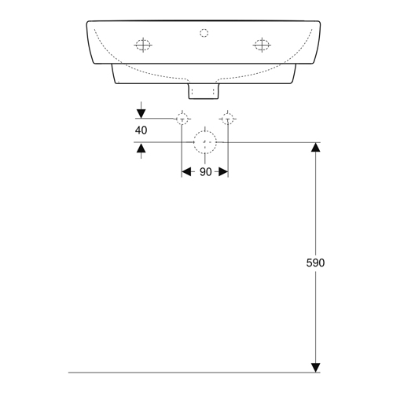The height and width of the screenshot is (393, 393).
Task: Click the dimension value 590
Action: [x=315, y=263]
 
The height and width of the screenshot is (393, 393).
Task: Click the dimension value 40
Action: [x=141, y=130]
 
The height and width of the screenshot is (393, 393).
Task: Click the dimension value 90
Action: [x=205, y=172]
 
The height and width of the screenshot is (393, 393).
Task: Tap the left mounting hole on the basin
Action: [x=143, y=45]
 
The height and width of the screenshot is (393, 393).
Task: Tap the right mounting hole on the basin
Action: [x=262, y=45]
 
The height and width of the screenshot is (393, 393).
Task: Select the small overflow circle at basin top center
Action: [x=204, y=33]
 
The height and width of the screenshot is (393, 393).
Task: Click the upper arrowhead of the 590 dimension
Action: [x=315, y=147]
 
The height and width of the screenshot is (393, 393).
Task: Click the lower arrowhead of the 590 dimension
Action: [x=315, y=368]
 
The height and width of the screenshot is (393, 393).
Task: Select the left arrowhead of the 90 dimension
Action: [x=186, y=172]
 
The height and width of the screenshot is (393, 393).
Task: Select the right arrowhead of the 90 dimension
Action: [x=223, y=172]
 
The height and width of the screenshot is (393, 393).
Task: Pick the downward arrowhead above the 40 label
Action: [x=141, y=114]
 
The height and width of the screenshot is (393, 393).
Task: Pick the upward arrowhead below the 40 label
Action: [x=141, y=149]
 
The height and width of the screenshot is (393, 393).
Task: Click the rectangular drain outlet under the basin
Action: [x=204, y=91]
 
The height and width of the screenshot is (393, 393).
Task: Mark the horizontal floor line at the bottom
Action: [x=194, y=373]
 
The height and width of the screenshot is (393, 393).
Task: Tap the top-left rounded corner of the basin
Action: [x=88, y=22]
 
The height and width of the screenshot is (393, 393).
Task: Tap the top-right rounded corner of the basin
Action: [x=319, y=22]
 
